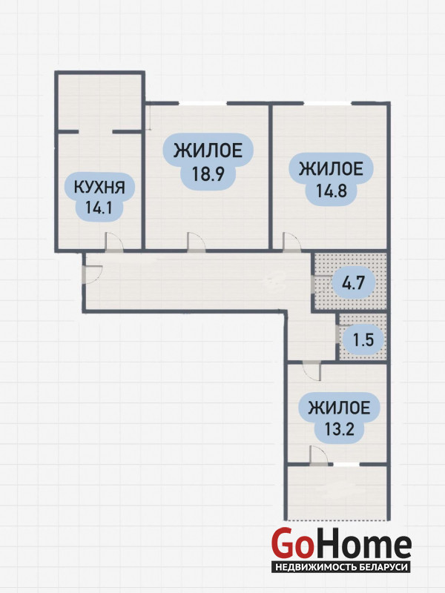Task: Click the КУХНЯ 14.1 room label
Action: pos(99,197)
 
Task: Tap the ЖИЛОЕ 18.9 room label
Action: pos(208,162)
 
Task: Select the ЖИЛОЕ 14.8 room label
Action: pos(331,179)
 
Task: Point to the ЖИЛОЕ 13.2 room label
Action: pos(339,418)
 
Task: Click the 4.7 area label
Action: pos(353,282)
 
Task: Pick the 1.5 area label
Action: pos(363,339)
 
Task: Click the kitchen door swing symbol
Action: pos(114,242)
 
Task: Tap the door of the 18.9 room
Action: pos(196,242)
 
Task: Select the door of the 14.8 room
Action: pos(291,242)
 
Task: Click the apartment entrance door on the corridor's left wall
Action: pos(92,274)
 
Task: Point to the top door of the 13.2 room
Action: pos(311,371)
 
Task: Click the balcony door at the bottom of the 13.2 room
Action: pos(319,455)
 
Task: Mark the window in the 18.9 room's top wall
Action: pos(202,103)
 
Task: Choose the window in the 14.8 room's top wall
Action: pos(328,103)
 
